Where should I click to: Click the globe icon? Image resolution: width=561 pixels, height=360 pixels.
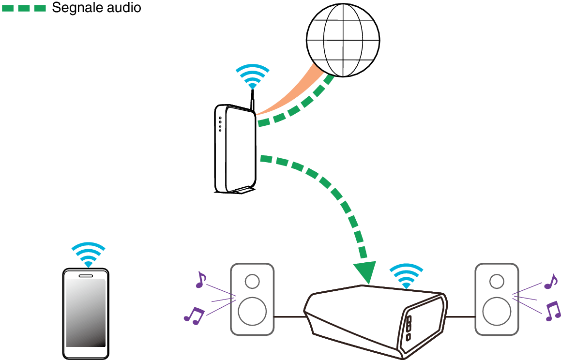[343, 40]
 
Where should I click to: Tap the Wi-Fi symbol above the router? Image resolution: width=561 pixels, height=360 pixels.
[252, 77]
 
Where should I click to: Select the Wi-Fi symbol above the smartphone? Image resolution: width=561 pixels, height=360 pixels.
[88, 255]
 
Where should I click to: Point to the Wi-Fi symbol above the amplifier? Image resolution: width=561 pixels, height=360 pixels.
[406, 276]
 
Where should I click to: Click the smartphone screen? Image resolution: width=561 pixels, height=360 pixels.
[86, 313]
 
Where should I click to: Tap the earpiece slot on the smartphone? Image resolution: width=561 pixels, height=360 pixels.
[86, 276]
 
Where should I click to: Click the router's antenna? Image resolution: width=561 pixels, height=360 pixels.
[252, 104]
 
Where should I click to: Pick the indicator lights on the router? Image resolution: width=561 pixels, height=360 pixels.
[220, 124]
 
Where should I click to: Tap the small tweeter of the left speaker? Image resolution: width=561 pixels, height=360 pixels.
[252, 281]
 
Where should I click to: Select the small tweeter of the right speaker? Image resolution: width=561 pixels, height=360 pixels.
[496, 281]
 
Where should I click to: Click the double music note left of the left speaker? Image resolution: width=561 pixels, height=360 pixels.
[194, 315]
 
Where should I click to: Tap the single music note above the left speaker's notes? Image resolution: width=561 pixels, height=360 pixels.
[200, 280]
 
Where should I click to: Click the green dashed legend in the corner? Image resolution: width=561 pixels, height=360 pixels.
[24, 8]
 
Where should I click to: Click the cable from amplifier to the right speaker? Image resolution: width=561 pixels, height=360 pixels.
[460, 317]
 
